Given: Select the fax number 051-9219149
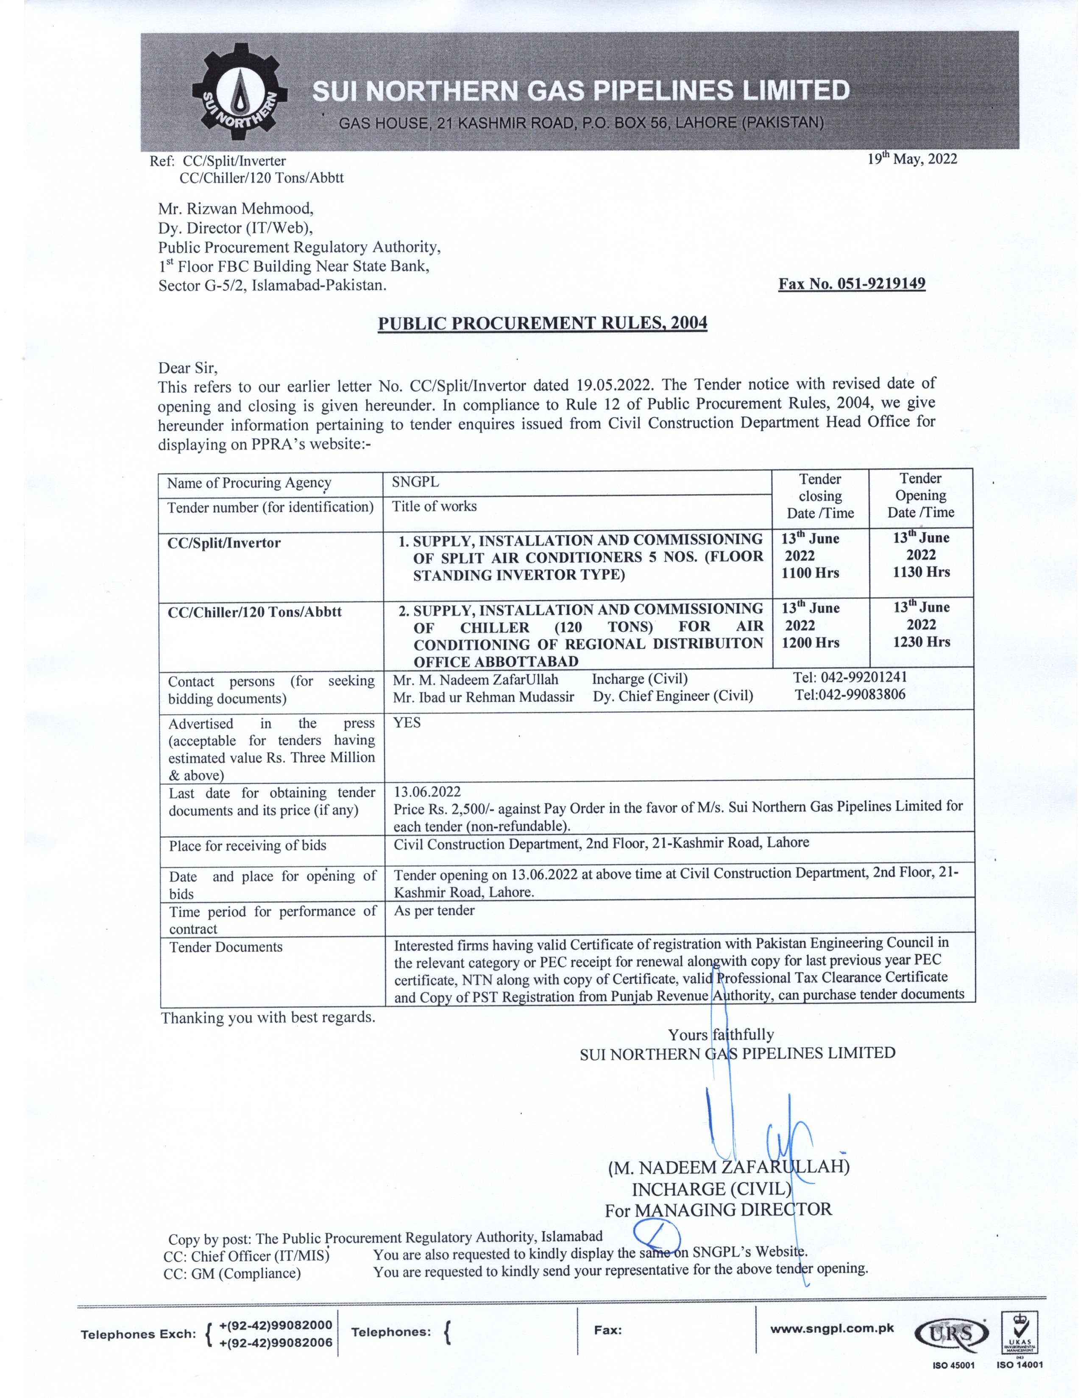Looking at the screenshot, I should tap(852, 283).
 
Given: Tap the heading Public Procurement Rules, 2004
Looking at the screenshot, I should tap(543, 323).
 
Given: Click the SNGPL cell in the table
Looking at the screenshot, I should tap(415, 483).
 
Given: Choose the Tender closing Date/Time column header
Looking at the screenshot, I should tap(820, 496).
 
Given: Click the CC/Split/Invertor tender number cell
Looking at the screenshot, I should tap(224, 543).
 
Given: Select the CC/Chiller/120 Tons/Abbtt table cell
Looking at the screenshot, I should tap(254, 612).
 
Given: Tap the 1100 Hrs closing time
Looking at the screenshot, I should tap(810, 573).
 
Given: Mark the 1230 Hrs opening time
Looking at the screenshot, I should tap(922, 642).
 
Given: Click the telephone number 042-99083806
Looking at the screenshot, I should tap(850, 694).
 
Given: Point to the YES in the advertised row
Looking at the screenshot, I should tap(407, 723).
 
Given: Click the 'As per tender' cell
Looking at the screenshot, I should tap(434, 910).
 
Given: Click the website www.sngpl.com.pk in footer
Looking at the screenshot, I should tap(831, 1328).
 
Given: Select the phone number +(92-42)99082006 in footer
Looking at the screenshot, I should tap(276, 1343).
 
